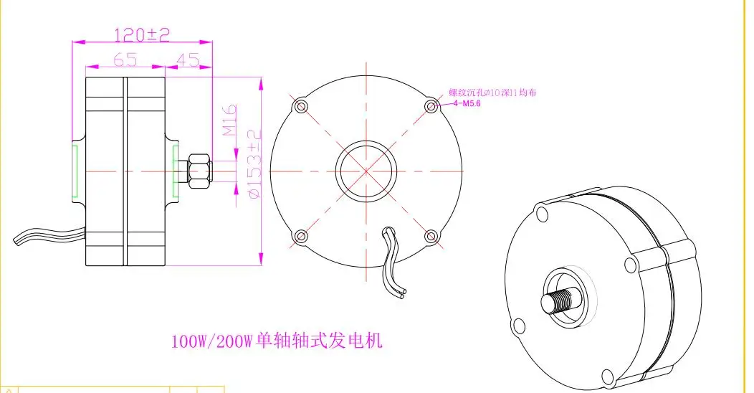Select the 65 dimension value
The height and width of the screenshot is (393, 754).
pos(125,61)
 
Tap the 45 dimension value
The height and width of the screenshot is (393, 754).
pos(188,61)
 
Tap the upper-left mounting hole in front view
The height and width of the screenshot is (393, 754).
pos(301,107)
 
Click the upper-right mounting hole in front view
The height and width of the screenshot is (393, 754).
pos(431,107)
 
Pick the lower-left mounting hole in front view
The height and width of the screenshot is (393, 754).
pos(301,235)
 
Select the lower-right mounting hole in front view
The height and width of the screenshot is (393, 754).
pos(431,235)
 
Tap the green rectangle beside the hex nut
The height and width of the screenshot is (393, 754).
pos(176,171)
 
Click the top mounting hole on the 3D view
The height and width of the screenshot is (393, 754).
pos(540,209)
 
